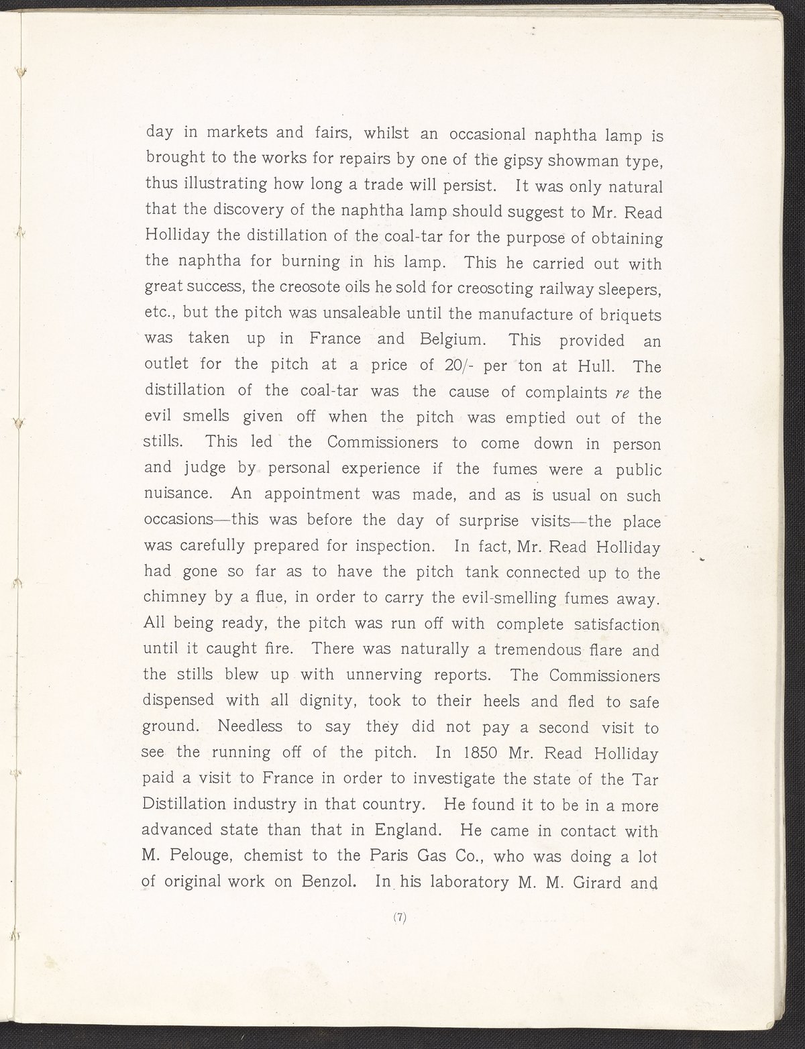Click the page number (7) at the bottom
[x=400, y=919]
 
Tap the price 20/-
[x=451, y=366]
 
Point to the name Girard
[x=592, y=883]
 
